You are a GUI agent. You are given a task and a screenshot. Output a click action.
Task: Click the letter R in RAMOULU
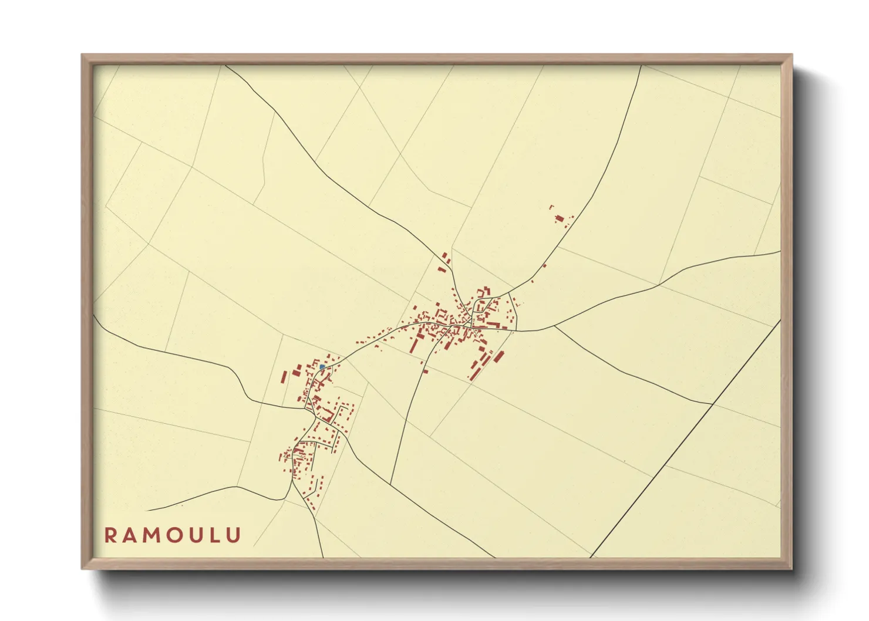click(x=110, y=535)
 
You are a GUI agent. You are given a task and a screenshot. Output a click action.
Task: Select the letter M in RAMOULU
click(x=152, y=535)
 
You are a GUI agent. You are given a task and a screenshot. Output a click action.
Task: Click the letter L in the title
click(x=215, y=535)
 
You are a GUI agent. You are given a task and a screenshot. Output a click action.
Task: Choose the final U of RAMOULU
click(x=233, y=535)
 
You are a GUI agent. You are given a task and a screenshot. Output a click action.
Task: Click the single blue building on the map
click(x=322, y=367)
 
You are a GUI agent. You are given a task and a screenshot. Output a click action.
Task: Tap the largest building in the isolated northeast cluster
click(x=560, y=219)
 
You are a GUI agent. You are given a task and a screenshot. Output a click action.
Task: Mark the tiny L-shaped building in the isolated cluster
click(x=551, y=207)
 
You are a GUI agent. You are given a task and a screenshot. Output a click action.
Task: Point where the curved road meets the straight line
click(x=712, y=404)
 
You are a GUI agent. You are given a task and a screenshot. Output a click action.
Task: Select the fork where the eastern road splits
click(x=554, y=326)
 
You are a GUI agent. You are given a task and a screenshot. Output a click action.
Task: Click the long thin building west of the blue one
click(x=285, y=376)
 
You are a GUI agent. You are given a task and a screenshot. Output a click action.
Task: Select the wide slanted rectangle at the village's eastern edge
click(x=499, y=357)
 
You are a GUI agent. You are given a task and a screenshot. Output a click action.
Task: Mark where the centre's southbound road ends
click(x=390, y=484)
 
